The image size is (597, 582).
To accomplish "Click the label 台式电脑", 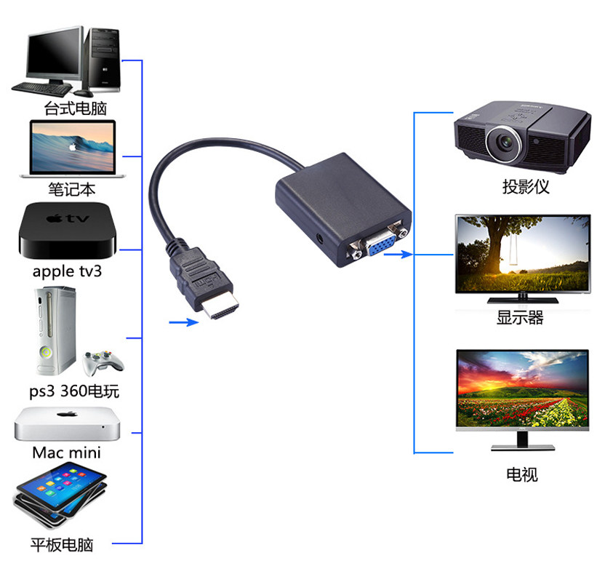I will [x=75, y=109].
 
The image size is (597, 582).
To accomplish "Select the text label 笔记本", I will [x=72, y=190].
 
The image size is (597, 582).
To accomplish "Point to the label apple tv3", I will [x=68, y=271].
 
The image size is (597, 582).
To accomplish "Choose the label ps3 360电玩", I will [x=74, y=391].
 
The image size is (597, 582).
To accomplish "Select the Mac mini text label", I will [x=66, y=453].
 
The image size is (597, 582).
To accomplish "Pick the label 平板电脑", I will [x=62, y=544].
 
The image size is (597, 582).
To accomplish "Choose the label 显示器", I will [x=520, y=318].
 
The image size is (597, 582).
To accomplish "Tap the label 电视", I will [x=521, y=475].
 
